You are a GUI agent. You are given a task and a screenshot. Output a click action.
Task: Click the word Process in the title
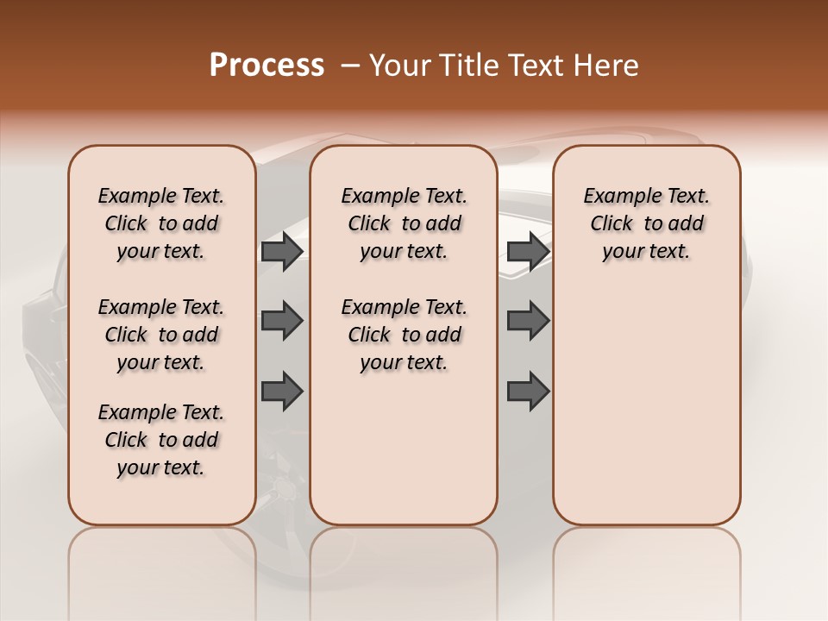click(267, 66)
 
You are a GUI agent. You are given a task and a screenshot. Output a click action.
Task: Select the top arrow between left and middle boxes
click(282, 252)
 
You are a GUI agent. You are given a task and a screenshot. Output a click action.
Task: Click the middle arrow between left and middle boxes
click(282, 321)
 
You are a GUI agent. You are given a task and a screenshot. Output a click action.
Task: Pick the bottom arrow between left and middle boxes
click(282, 391)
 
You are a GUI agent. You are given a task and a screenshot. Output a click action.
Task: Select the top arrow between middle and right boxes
click(528, 252)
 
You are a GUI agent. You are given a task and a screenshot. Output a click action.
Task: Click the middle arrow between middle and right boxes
click(528, 321)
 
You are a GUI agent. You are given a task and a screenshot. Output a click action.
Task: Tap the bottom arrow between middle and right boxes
click(528, 391)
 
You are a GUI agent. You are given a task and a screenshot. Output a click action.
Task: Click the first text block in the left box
click(161, 223)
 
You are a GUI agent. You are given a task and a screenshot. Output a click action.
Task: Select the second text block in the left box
click(161, 335)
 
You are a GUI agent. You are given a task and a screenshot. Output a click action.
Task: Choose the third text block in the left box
click(161, 440)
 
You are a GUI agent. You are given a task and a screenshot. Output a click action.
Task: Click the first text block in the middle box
click(404, 223)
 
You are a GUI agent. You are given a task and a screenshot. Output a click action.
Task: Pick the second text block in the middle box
click(404, 335)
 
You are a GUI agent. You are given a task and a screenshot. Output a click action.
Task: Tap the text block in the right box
click(646, 223)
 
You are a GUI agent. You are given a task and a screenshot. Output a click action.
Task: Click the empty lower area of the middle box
click(404, 448)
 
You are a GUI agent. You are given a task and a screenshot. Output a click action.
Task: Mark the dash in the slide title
click(350, 66)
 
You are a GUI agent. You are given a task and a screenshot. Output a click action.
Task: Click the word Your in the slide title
click(400, 66)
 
